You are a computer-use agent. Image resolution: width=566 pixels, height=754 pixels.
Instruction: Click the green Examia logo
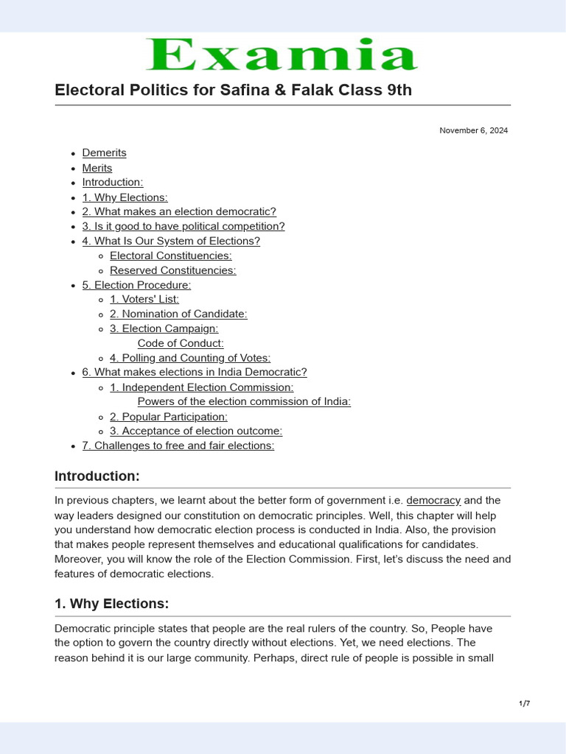[x=282, y=55]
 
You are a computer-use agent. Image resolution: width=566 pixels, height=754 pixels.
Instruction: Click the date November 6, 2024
[x=473, y=130]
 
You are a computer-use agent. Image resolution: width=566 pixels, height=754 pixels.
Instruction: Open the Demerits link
[x=104, y=152]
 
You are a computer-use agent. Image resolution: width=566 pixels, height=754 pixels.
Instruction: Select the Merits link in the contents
[x=97, y=168]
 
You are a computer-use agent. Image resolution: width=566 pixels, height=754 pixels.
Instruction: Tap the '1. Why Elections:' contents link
[x=125, y=197]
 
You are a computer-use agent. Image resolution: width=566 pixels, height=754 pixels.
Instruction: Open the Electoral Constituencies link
[x=170, y=256]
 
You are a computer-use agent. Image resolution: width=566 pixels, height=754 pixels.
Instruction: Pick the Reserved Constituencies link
[x=172, y=270]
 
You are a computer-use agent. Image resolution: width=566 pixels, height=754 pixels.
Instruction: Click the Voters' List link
[x=144, y=299]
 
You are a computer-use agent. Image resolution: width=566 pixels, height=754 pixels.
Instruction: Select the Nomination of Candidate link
[x=178, y=314]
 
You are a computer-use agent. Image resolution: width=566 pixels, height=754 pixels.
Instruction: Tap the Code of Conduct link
[x=181, y=343]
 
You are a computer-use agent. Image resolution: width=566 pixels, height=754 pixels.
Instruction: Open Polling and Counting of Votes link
[x=189, y=358]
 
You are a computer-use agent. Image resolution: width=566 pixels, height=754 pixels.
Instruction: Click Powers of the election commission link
[x=244, y=401]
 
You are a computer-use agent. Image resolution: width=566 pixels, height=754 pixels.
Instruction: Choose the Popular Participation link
[x=168, y=416]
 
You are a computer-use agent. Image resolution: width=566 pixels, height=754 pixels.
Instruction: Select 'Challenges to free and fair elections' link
[x=178, y=445]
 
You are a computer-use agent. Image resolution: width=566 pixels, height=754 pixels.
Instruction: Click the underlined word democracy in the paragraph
[x=433, y=500]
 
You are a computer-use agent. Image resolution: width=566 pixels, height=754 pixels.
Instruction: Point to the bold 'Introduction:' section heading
[x=97, y=476]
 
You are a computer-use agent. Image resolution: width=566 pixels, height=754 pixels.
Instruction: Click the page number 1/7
[x=524, y=703]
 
